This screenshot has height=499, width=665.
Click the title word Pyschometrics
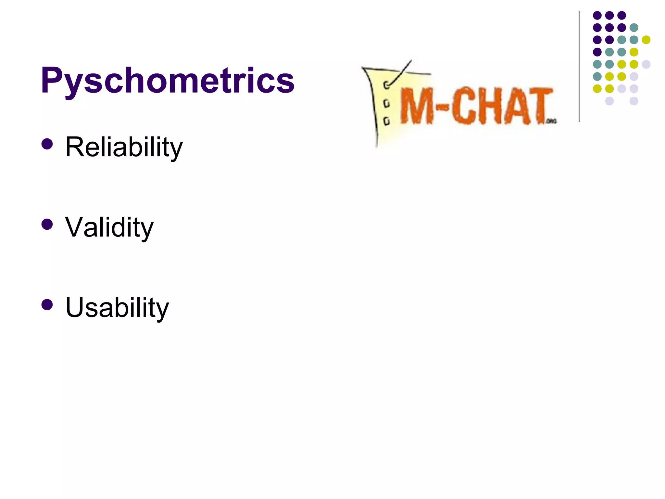pos(168,80)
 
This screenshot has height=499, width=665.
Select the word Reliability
pos(124,147)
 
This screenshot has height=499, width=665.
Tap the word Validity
pos(109,227)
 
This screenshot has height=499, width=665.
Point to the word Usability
pos(117,307)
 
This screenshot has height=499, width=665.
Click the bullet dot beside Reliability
pos(47,144)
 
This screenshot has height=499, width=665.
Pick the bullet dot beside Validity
pos(47,224)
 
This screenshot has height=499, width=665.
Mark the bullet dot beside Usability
pos(47,304)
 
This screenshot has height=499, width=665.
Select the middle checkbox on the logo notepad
pos(386,104)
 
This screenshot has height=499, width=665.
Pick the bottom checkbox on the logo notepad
pos(386,122)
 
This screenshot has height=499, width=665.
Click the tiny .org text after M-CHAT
pos(552,121)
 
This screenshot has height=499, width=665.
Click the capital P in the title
pos(52,80)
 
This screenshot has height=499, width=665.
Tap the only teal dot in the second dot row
pos(634,28)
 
